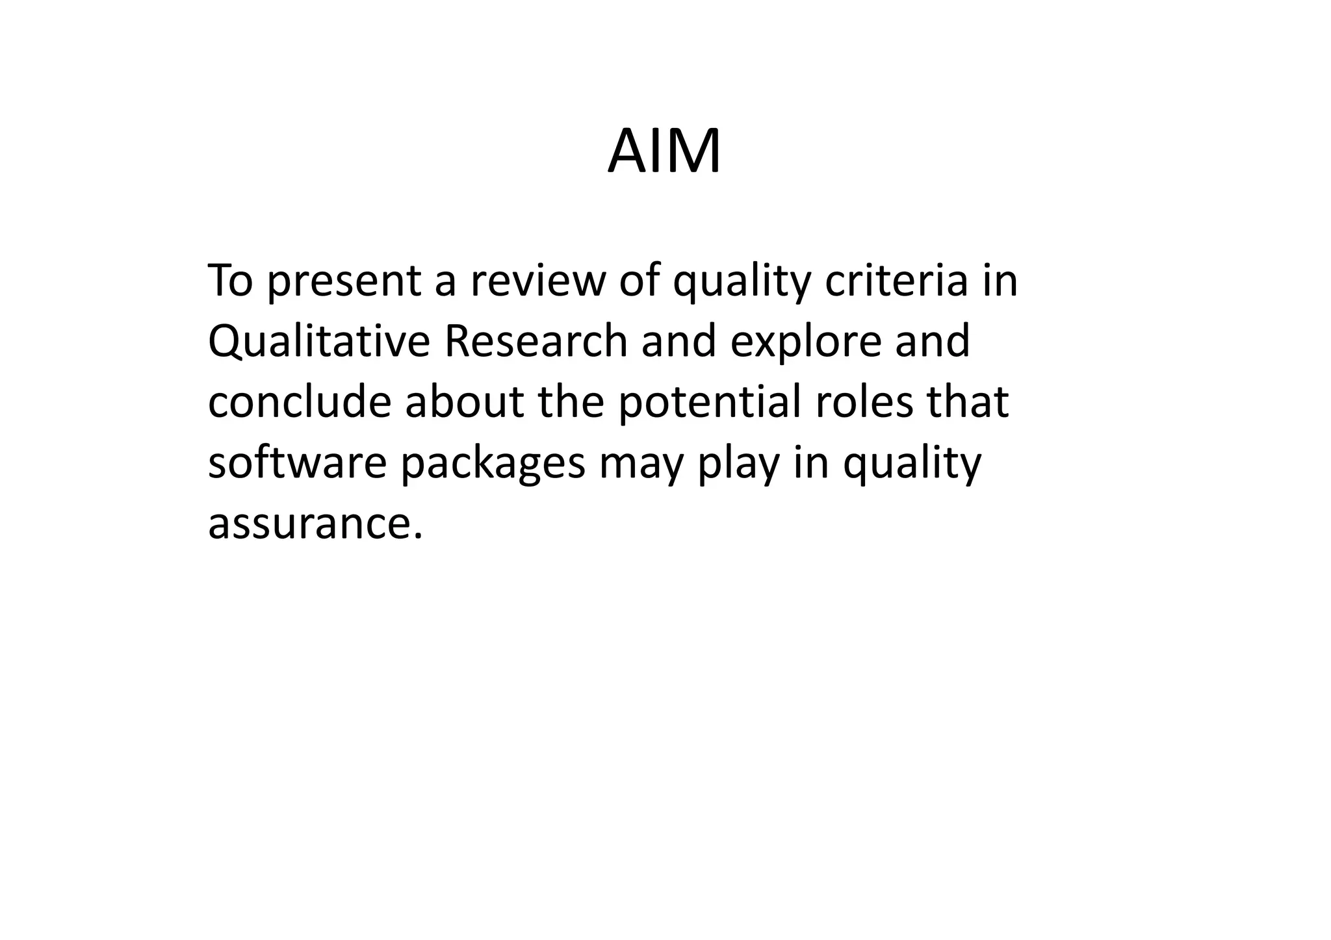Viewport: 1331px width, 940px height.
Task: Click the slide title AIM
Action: point(664,152)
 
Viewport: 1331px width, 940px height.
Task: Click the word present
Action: point(344,281)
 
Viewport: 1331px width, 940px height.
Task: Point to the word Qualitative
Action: point(318,342)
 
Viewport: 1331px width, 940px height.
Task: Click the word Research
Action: point(535,342)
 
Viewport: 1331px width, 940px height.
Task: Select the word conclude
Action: point(299,402)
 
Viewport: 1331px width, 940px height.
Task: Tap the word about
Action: point(464,402)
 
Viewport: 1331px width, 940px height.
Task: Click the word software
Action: point(297,463)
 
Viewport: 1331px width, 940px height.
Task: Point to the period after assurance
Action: point(418,536)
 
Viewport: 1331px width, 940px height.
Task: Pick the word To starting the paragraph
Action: point(230,281)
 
